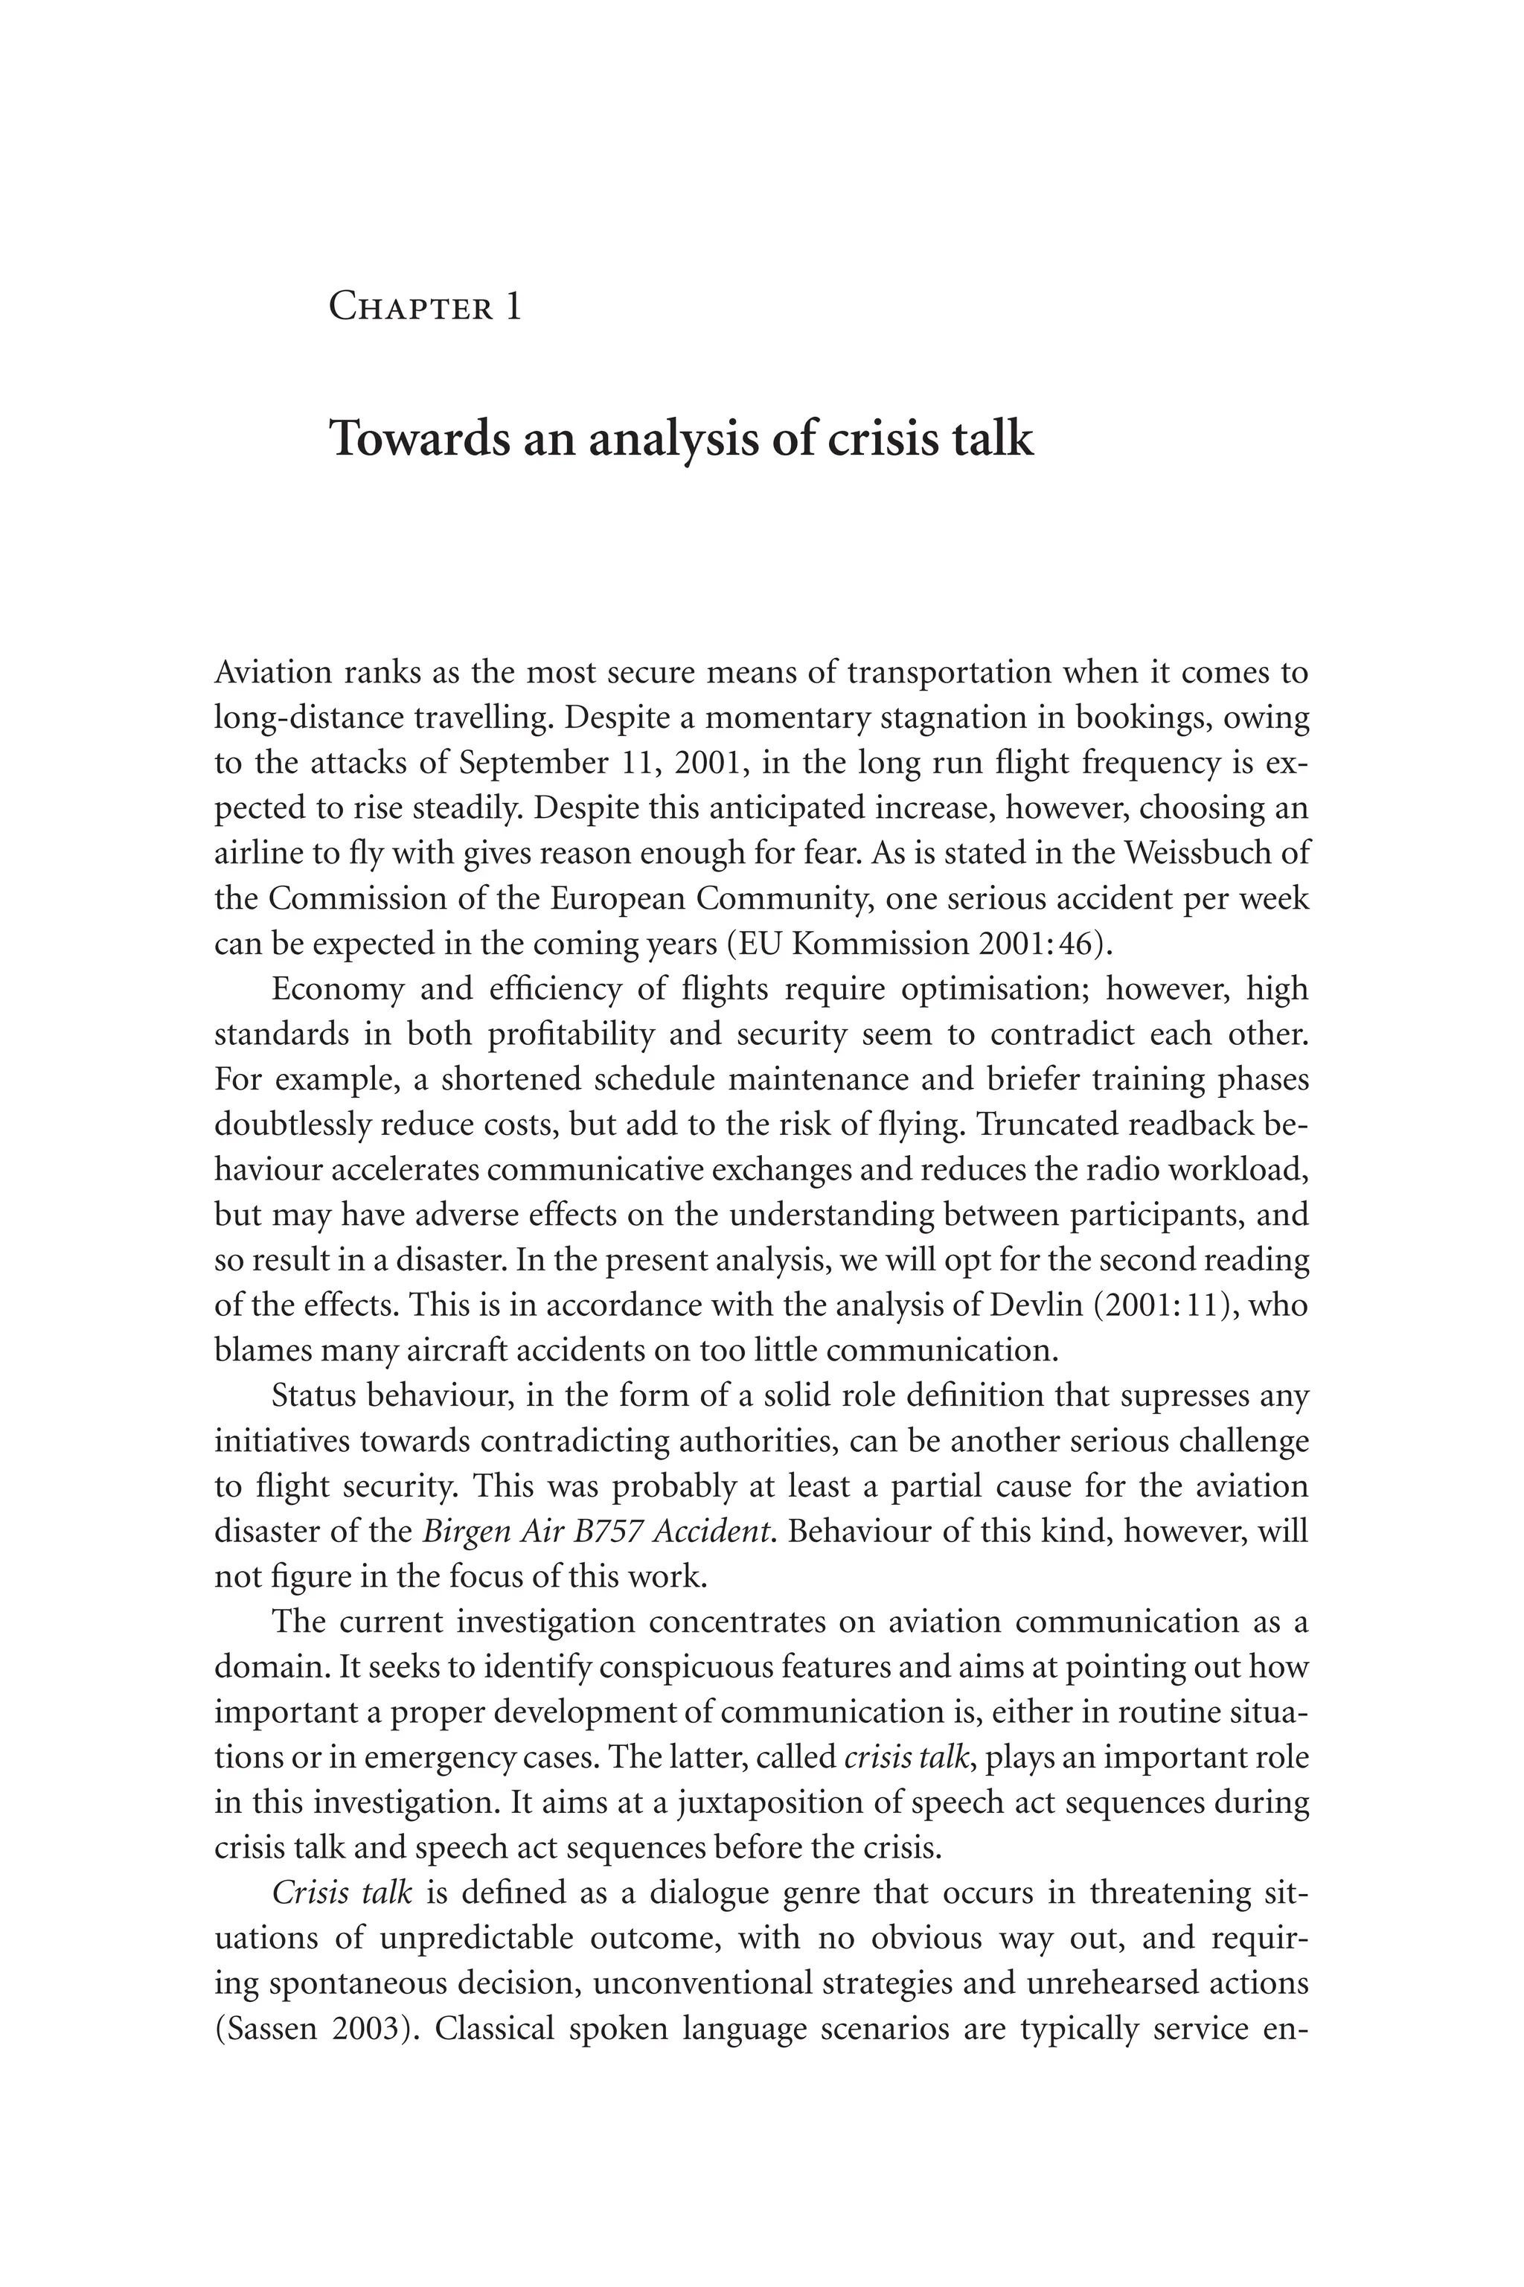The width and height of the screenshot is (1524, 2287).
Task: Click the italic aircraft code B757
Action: point(610,1532)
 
